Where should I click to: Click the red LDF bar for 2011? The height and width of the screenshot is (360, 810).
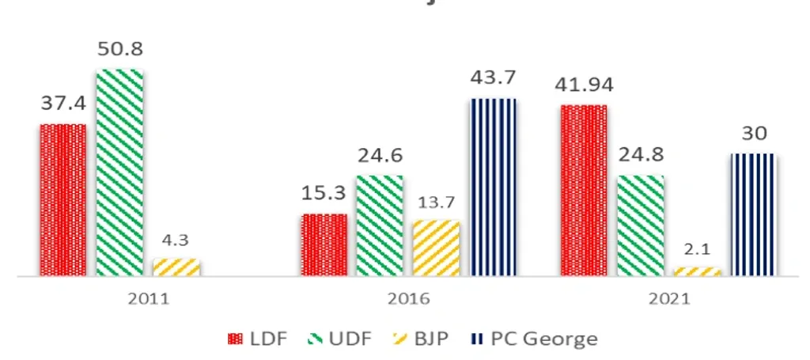tap(63, 199)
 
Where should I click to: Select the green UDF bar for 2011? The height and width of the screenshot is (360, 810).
tap(119, 172)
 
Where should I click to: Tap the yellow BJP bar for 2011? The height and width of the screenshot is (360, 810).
tap(176, 267)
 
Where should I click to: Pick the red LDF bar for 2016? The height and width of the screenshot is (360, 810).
tap(324, 244)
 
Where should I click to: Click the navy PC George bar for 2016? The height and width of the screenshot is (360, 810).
tap(493, 187)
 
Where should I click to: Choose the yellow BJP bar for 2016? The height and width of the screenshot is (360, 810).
tap(436, 248)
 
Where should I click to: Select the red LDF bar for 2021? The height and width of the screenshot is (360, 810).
tap(584, 190)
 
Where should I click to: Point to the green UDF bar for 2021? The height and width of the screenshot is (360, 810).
tap(640, 225)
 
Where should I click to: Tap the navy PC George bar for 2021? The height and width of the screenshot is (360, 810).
tap(753, 214)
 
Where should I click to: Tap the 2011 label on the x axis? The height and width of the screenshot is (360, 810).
tap(148, 300)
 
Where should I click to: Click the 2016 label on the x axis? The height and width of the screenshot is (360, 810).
tap(408, 300)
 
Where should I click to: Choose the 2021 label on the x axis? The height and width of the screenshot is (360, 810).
tap(668, 300)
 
